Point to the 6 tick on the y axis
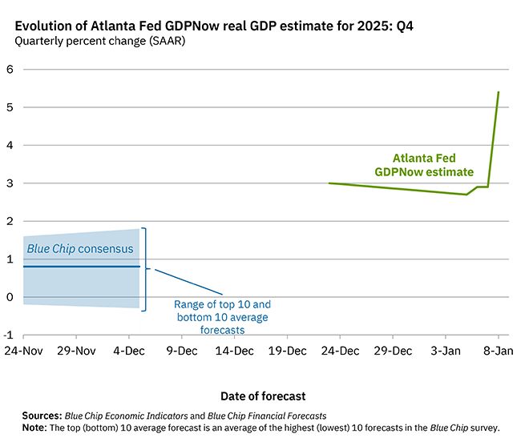tap(10, 70)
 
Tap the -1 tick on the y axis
tap(8, 336)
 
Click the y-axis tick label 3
tap(10, 183)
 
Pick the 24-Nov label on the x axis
tap(23, 351)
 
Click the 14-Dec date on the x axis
tap(234, 351)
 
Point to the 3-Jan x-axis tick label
tap(445, 351)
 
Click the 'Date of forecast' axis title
tap(262, 396)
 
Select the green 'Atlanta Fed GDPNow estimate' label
tap(423, 165)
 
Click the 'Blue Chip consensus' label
tap(80, 249)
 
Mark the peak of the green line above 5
tap(499, 92)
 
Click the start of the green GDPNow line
tap(329, 183)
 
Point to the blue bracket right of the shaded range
tap(146, 269)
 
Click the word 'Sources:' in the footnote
tap(42, 416)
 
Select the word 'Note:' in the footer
tap(34, 428)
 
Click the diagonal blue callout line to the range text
tap(189, 281)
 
